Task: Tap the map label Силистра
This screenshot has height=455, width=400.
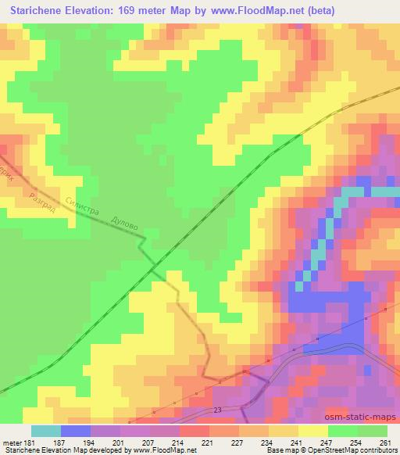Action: click(84, 206)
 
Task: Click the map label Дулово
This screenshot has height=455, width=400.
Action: click(125, 223)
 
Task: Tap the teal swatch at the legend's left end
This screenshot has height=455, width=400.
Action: click(45, 430)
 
